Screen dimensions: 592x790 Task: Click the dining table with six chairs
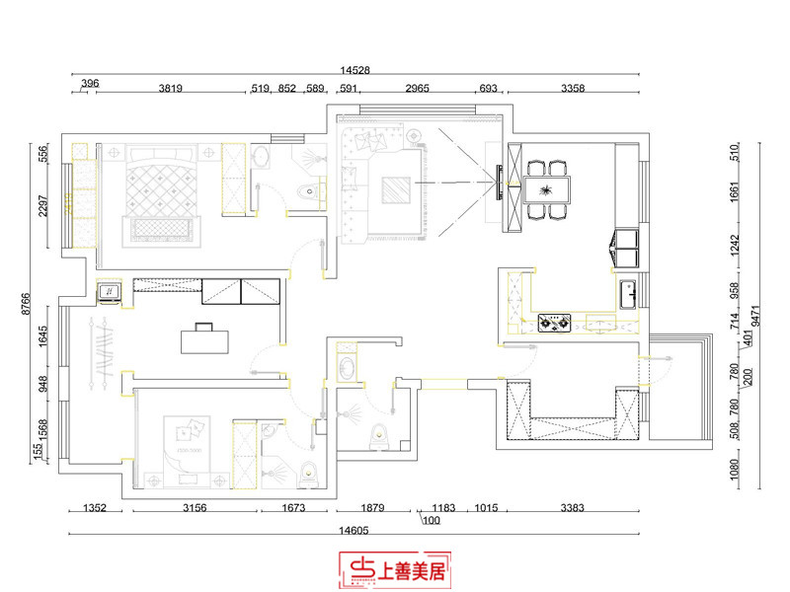pos(546,188)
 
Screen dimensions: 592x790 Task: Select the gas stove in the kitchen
pos(553,322)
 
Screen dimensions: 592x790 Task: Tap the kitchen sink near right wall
pos(626,292)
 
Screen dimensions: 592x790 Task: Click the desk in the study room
pos(204,338)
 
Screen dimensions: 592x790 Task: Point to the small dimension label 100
pos(432,521)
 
